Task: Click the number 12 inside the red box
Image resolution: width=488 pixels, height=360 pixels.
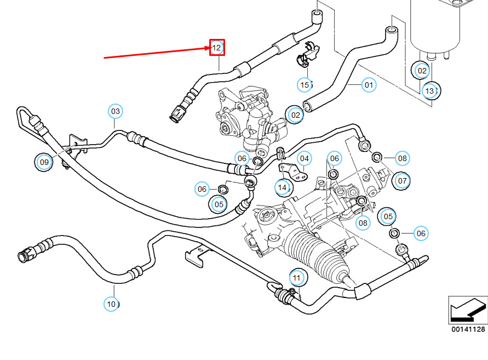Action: tap(217, 48)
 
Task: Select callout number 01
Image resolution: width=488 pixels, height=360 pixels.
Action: tap(369, 85)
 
